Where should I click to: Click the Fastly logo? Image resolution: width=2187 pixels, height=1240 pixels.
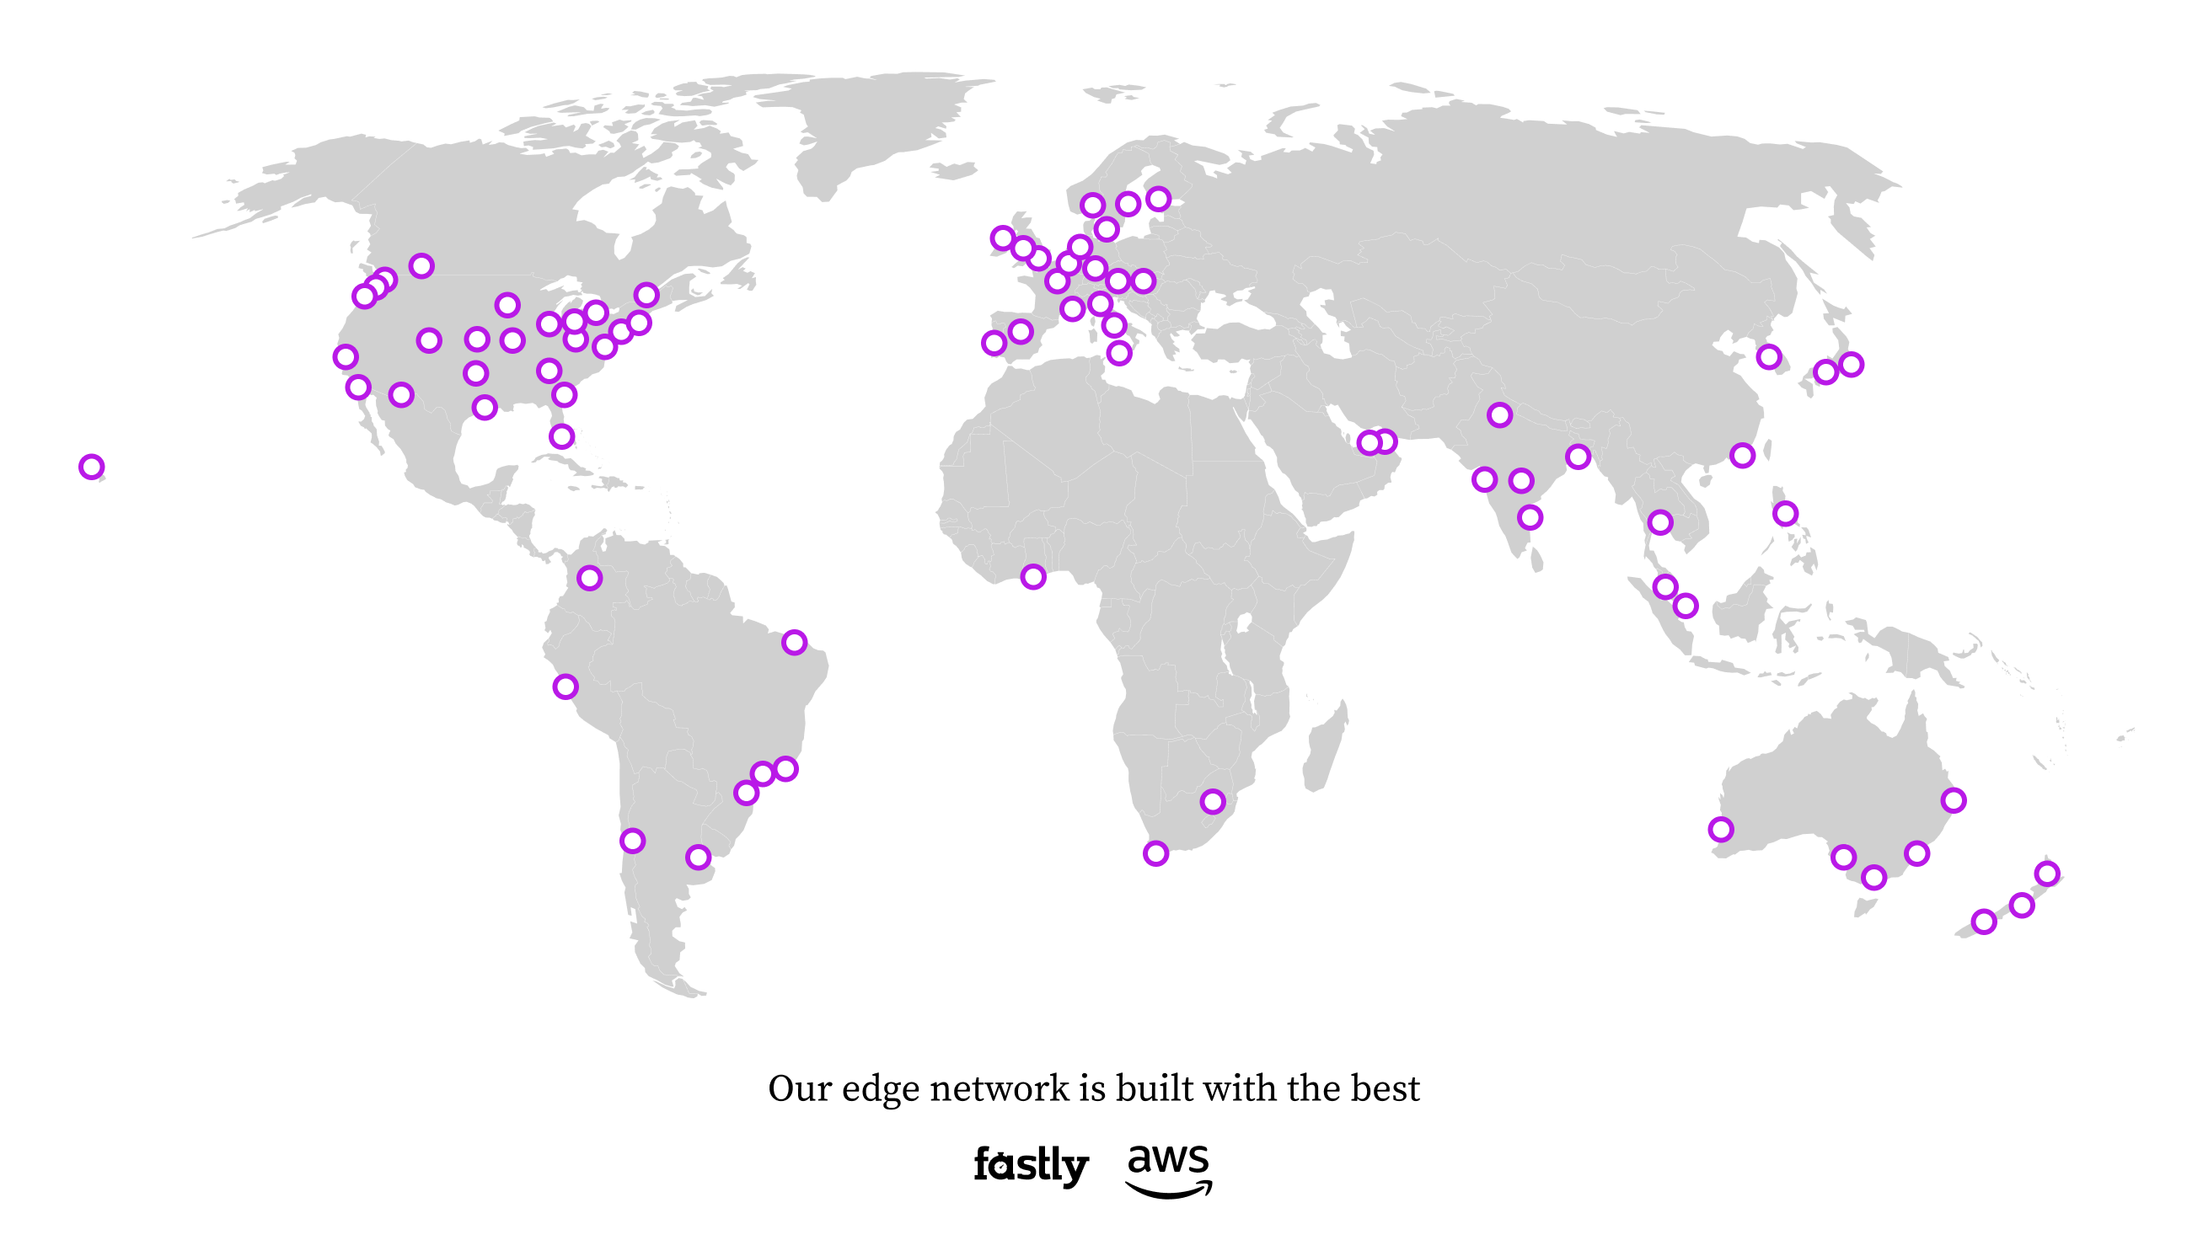tap(1030, 1165)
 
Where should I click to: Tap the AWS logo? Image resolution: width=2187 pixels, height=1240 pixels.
tap(1168, 1170)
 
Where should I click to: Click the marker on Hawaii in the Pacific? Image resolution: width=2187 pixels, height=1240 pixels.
tap(91, 467)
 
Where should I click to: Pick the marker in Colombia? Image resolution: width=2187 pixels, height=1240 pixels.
tap(590, 578)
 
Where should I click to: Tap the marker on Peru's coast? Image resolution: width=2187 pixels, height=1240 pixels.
tap(566, 687)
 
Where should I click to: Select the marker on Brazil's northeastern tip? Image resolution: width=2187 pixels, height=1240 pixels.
tap(794, 642)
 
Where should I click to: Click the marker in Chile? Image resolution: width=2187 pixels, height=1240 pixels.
tap(632, 841)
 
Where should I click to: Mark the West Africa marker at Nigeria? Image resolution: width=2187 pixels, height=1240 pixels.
tap(1032, 576)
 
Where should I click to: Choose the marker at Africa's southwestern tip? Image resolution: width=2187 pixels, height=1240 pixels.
tap(1155, 852)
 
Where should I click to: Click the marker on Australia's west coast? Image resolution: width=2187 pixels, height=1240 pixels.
tap(1721, 829)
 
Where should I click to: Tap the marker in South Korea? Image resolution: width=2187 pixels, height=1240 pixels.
tap(1769, 356)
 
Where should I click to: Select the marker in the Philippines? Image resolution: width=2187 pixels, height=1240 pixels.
tap(1785, 513)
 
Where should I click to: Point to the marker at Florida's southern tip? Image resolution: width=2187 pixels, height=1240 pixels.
tap(561, 436)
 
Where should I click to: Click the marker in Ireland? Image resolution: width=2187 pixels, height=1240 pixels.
tap(1003, 238)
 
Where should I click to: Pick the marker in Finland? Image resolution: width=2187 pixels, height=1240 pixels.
tap(1158, 199)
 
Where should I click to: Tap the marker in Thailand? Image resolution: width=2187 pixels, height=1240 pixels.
tap(1659, 521)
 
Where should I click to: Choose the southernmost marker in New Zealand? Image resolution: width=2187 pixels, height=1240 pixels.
tap(1983, 922)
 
